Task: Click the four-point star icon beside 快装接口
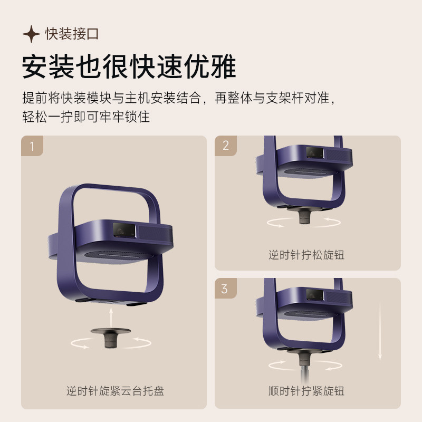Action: [31, 35]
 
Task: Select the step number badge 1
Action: [32, 146]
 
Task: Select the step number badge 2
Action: [226, 146]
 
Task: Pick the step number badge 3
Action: [225, 289]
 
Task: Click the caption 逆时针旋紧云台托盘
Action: [115, 391]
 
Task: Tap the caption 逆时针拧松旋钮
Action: [306, 255]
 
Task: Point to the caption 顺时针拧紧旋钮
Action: [306, 391]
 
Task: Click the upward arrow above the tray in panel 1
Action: [111, 318]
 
